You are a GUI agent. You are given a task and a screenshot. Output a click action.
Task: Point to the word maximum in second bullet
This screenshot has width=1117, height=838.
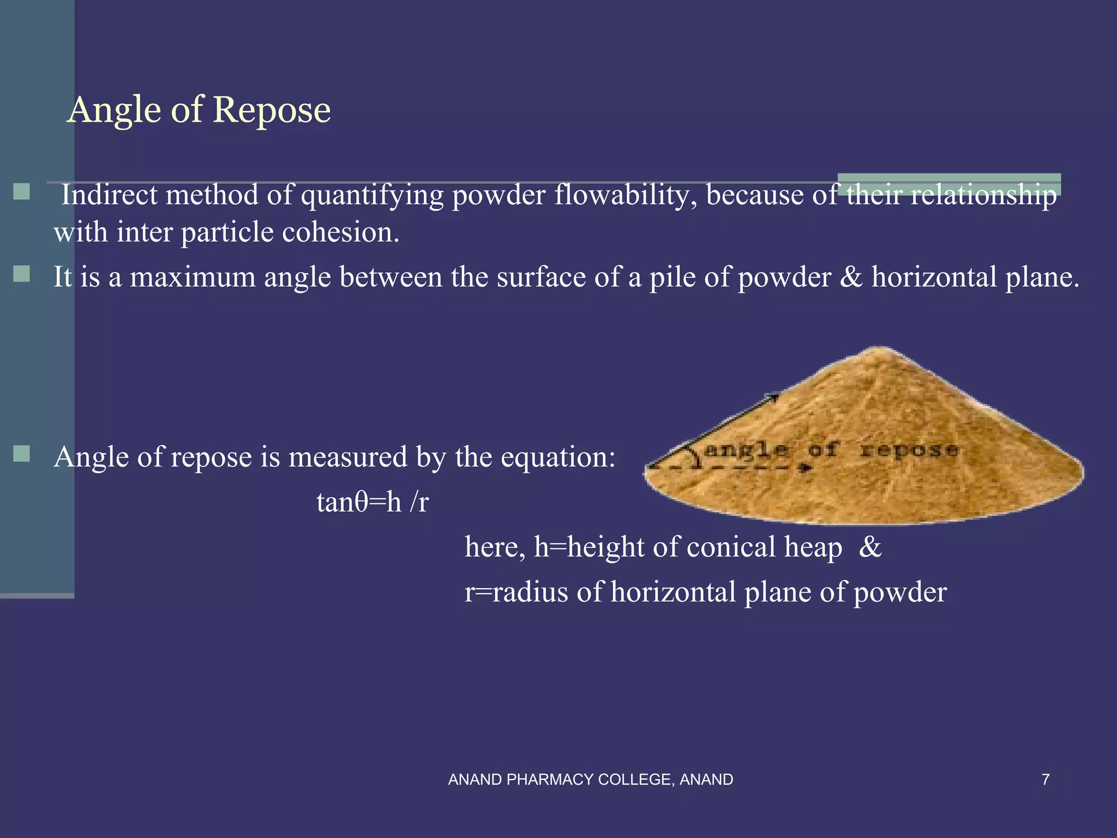tap(193, 277)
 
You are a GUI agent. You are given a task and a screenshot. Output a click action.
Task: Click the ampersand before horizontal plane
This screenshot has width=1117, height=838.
tap(851, 277)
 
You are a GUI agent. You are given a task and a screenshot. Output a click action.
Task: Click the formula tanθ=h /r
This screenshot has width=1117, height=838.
tap(373, 502)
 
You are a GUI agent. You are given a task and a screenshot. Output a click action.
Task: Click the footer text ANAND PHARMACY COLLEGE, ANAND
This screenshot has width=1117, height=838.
tap(590, 780)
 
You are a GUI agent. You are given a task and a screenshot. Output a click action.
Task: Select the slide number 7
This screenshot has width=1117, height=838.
tap(1046, 780)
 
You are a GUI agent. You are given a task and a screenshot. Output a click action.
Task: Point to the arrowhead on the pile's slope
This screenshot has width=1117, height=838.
tap(773, 397)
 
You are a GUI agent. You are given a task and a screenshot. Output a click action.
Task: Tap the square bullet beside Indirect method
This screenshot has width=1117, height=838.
tap(22, 191)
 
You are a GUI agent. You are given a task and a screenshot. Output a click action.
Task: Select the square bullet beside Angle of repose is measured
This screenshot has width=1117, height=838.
tap(22, 453)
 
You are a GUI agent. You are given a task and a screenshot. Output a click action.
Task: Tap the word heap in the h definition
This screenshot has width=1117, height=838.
tap(813, 547)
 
